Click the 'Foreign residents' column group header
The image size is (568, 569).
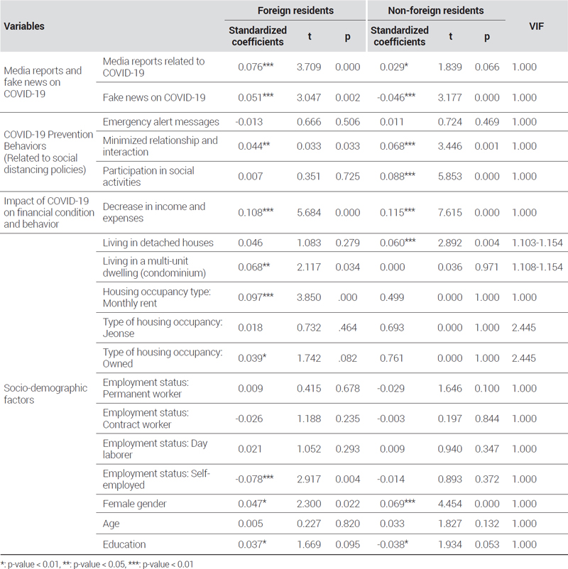tap(295, 11)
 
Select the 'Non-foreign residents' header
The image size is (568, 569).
tap(435, 11)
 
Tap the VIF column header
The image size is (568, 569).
tap(536, 26)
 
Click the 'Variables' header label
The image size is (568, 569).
tap(24, 26)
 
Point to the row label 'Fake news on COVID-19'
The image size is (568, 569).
tap(154, 97)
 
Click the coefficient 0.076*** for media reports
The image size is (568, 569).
tap(256, 67)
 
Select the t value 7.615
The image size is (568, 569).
tap(449, 212)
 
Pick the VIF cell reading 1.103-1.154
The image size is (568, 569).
tap(537, 243)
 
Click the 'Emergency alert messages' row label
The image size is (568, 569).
tap(161, 122)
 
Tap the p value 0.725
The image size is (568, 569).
tap(348, 177)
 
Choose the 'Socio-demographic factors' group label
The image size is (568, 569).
tap(45, 394)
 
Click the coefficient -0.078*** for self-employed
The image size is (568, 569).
tap(254, 479)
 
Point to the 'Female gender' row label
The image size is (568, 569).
tap(134, 504)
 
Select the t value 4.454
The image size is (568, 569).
tap(449, 504)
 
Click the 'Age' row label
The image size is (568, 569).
tap(111, 524)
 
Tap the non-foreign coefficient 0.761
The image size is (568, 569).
tap(391, 358)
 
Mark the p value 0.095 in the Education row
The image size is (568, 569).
tap(348, 544)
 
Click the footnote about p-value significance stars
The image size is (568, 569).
tap(97, 564)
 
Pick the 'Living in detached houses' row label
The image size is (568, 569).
tap(158, 243)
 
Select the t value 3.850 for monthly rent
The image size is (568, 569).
tap(309, 297)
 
